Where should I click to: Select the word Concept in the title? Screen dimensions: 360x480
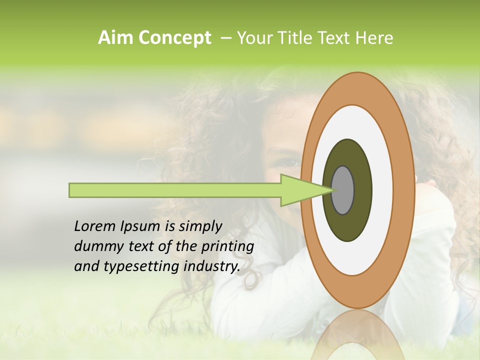(x=174, y=38)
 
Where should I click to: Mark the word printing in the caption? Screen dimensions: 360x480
(x=227, y=247)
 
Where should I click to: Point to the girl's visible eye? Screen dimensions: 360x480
(x=288, y=161)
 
